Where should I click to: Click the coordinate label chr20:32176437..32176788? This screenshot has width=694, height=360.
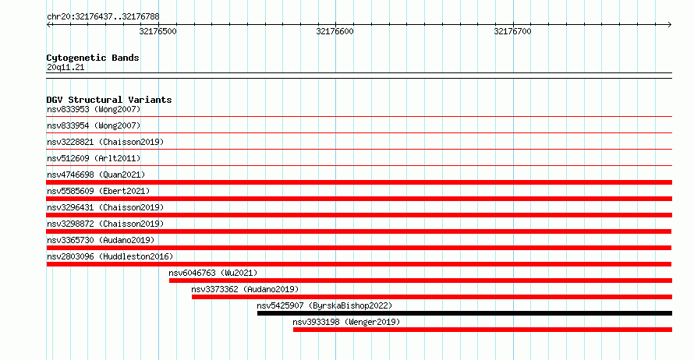pyautogui.click(x=103, y=17)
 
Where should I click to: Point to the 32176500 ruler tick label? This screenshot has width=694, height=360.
pyautogui.click(x=158, y=31)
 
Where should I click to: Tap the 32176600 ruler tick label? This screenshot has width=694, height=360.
pyautogui.click(x=335, y=31)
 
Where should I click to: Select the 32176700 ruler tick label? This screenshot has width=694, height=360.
pyautogui.click(x=512, y=31)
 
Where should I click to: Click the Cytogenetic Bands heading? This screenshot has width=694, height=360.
pyautogui.click(x=93, y=58)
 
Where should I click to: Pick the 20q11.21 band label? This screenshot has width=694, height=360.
pyautogui.click(x=66, y=67)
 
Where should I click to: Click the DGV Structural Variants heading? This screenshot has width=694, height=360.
pyautogui.click(x=109, y=100)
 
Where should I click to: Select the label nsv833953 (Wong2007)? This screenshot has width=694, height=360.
pyautogui.click(x=94, y=109)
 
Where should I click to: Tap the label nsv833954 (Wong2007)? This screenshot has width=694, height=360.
pyautogui.click(x=94, y=125)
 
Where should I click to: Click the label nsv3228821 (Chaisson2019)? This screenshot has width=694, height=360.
pyautogui.click(x=105, y=142)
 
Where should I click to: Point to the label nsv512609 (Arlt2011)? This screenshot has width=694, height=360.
pyautogui.click(x=94, y=158)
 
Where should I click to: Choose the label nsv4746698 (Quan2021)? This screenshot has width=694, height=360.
pyautogui.click(x=96, y=175)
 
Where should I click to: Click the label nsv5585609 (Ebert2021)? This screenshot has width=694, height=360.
pyautogui.click(x=98, y=191)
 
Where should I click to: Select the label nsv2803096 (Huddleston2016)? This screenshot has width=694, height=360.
pyautogui.click(x=110, y=256)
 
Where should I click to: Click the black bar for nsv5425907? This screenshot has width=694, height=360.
pyautogui.click(x=465, y=313)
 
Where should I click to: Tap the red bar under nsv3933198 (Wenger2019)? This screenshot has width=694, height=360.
pyautogui.click(x=483, y=330)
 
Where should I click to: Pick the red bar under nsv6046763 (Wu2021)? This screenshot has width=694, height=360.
pyautogui.click(x=420, y=281)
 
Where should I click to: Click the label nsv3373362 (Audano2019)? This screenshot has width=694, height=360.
pyautogui.click(x=245, y=289)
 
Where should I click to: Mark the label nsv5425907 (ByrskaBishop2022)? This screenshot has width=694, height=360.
pyautogui.click(x=324, y=305)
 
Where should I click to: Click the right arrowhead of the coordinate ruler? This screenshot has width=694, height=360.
pyautogui.click(x=670, y=24)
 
